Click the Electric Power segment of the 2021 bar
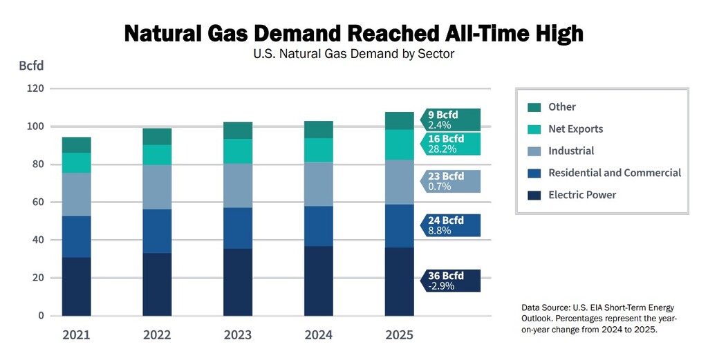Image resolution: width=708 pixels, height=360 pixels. (76, 286)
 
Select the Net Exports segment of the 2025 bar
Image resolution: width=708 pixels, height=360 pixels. (399, 144)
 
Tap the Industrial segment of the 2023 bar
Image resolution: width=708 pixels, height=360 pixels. (238, 185)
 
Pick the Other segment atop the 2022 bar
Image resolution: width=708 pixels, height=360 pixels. (157, 136)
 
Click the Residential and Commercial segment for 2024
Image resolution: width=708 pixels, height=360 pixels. (319, 226)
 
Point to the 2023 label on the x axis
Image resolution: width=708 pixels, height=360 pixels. (238, 335)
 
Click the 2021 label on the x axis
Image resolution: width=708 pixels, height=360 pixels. (76, 335)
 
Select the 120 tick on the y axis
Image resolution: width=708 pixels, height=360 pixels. (36, 89)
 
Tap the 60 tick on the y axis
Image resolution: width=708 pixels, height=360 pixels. (39, 202)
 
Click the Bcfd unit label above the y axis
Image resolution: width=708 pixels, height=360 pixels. (31, 66)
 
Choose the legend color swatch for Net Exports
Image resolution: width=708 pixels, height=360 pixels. (534, 129)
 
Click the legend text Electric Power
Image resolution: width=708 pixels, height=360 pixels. (582, 195)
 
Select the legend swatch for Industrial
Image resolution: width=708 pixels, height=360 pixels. (534, 151)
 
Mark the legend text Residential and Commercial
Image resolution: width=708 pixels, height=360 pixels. (615, 173)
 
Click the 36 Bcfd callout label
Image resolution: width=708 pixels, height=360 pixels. (450, 281)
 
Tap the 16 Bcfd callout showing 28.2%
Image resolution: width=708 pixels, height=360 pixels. (450, 144)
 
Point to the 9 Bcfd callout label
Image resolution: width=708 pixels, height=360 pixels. (450, 120)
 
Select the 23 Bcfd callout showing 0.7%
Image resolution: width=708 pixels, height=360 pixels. (450, 181)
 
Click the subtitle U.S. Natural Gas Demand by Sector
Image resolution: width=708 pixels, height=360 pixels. (354, 54)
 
